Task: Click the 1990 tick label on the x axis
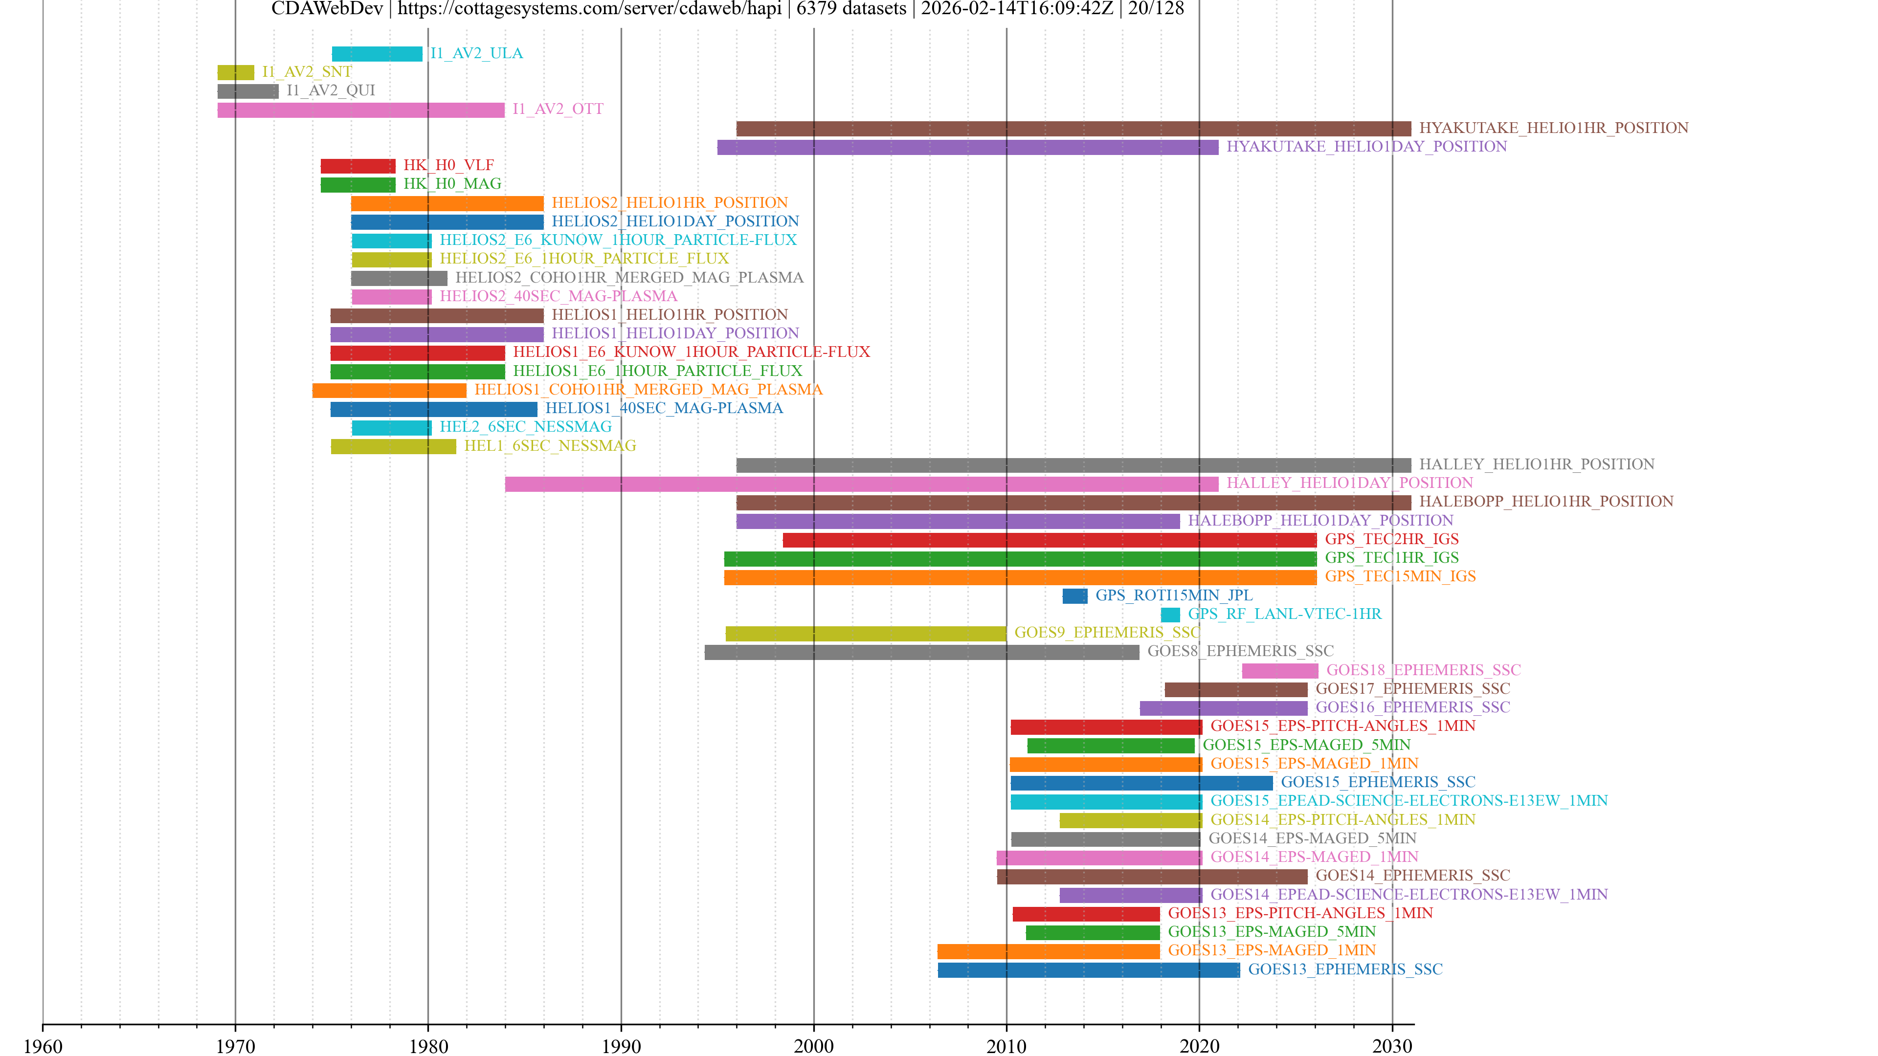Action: click(621, 1046)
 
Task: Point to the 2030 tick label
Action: click(1392, 1046)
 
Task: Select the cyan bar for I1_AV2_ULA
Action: click(377, 54)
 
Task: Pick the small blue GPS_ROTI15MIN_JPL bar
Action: click(1074, 596)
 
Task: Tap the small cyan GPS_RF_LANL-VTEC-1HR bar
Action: click(1170, 615)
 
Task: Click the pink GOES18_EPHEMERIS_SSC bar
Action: click(1279, 670)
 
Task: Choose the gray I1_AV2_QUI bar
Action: click(248, 91)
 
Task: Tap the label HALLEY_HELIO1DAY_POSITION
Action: click(1349, 483)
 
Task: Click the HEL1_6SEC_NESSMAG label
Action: click(550, 446)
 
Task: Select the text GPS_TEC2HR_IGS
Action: click(1391, 539)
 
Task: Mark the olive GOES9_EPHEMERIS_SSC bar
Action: click(865, 633)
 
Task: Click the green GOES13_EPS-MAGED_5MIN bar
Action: click(1092, 932)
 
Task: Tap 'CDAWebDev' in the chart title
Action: click(327, 9)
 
